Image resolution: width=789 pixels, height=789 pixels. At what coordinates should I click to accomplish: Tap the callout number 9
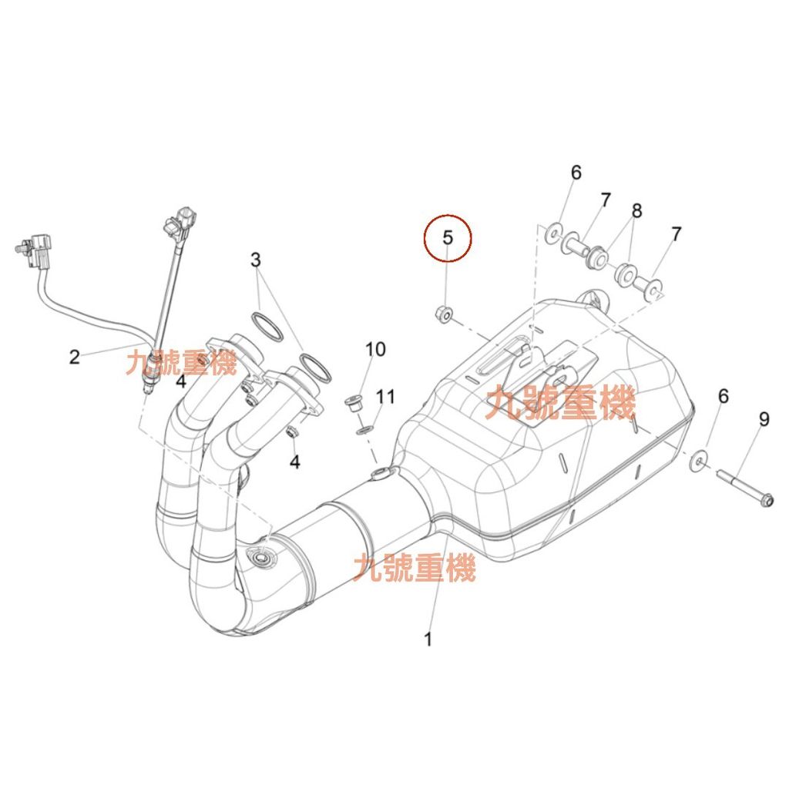pyautogui.click(x=764, y=419)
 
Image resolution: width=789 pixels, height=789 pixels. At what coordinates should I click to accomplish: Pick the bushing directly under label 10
pyautogui.click(x=354, y=403)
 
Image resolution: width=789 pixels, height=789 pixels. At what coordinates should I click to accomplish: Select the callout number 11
pyautogui.click(x=385, y=397)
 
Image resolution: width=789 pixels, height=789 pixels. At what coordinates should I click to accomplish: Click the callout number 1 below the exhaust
pyautogui.click(x=428, y=639)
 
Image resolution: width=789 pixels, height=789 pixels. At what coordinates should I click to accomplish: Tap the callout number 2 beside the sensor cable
pyautogui.click(x=74, y=357)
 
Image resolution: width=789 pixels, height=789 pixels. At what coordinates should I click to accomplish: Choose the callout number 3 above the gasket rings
pyautogui.click(x=256, y=260)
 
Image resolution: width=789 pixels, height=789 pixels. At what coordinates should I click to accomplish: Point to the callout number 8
pyautogui.click(x=636, y=210)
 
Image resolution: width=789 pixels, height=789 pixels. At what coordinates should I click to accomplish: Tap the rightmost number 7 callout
pyautogui.click(x=676, y=234)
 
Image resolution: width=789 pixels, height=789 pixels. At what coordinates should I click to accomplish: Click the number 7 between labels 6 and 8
pyautogui.click(x=605, y=200)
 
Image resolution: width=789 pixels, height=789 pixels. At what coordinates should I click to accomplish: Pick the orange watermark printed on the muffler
pyautogui.click(x=560, y=403)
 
